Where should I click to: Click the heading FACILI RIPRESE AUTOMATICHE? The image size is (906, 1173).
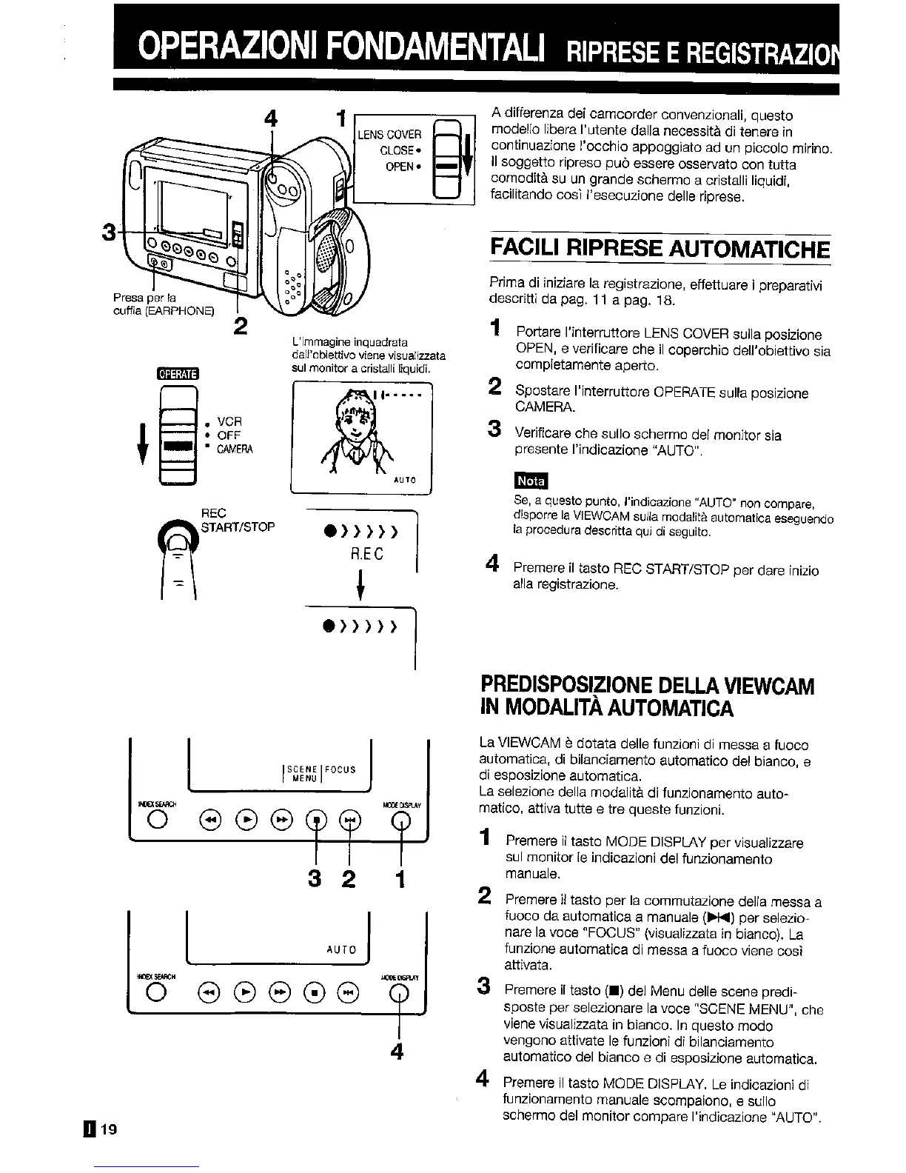pyautogui.click(x=660, y=247)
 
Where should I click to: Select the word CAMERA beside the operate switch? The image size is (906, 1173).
pyautogui.click(x=235, y=450)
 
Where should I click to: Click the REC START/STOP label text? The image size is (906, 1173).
pyautogui.click(x=238, y=520)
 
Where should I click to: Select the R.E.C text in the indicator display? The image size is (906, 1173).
pyautogui.click(x=367, y=554)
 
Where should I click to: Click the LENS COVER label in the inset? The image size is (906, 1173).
pyautogui.click(x=390, y=134)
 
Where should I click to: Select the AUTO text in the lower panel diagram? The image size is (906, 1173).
pyautogui.click(x=341, y=949)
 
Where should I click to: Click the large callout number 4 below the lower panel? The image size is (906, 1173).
pyautogui.click(x=397, y=1051)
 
